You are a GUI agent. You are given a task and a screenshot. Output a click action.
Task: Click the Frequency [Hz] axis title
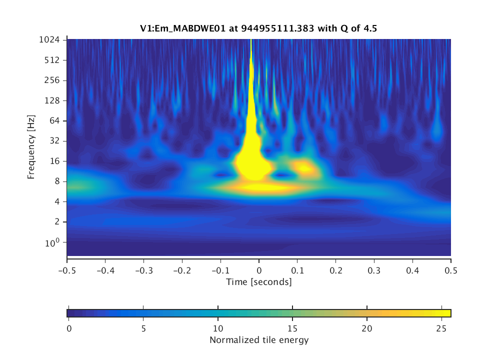(31, 147)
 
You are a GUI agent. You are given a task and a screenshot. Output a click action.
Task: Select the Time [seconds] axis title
(258, 282)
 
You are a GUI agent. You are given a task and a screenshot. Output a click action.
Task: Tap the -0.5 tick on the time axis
(66, 270)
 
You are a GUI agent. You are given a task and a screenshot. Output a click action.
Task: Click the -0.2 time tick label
(181, 270)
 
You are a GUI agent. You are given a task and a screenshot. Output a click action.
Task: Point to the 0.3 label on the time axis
(374, 270)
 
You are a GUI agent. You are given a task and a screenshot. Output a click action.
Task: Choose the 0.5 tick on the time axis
(451, 270)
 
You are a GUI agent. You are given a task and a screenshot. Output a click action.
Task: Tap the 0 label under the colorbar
(69, 329)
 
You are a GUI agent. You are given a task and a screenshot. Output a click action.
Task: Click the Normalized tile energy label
(258, 340)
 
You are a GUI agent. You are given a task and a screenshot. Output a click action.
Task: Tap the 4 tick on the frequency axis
(58, 201)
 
